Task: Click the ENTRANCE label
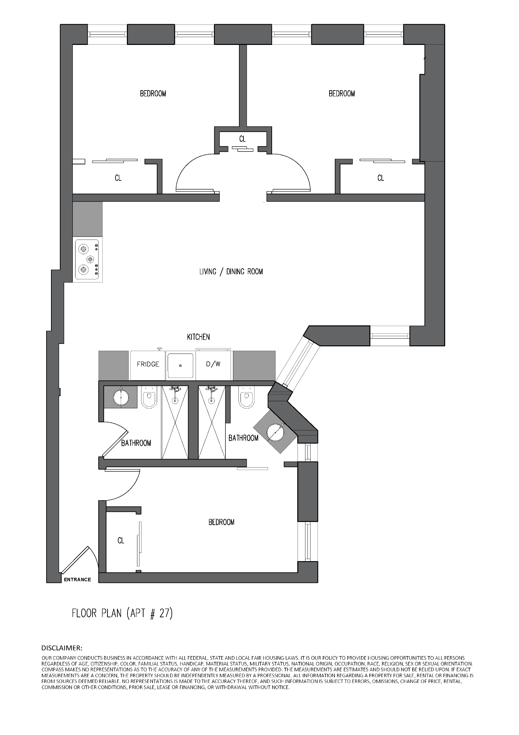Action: [x=77, y=579]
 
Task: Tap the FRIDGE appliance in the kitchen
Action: [x=148, y=364]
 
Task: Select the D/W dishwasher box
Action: [x=213, y=364]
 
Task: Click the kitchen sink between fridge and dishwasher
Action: [x=180, y=365]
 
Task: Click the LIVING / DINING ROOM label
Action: [x=231, y=272]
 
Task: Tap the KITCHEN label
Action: [x=198, y=337]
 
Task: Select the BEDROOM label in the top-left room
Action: [x=153, y=94]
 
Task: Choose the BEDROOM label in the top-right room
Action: [x=341, y=94]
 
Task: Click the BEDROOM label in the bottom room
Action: [x=221, y=522]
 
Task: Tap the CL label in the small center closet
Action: [x=242, y=139]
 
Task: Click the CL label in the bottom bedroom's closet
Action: [x=121, y=540]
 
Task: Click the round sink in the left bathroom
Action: [x=121, y=397]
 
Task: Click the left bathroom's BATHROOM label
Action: [x=136, y=443]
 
